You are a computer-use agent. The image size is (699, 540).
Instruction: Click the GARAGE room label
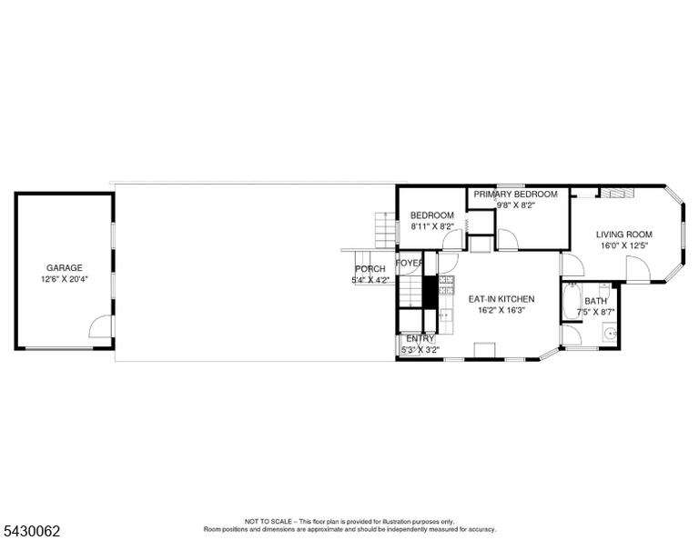point(65,268)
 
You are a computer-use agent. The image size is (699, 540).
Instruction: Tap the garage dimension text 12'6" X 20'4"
point(65,280)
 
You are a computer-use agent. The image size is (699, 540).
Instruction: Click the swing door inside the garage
point(100,325)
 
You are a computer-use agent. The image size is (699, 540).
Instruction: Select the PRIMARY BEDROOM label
point(515,195)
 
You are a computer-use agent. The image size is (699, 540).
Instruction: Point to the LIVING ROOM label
point(624,235)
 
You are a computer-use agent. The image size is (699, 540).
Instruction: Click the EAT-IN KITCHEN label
point(501,299)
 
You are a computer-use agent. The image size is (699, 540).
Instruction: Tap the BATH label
point(595,302)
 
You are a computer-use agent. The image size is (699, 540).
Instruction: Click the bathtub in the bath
point(571,302)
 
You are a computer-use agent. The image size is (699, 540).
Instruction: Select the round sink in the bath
point(610,332)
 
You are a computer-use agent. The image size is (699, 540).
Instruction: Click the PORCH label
point(370,269)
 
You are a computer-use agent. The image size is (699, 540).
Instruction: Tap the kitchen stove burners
point(446,285)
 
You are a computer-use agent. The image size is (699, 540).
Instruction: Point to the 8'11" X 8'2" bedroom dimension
point(432,226)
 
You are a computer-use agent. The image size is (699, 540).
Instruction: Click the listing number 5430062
point(32,531)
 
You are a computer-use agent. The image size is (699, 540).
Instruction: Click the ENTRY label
point(420,338)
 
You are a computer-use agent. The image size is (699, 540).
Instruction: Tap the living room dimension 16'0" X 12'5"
point(623,245)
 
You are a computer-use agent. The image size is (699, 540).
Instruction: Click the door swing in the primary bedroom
point(507,239)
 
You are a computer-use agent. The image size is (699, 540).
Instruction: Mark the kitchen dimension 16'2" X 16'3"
point(501,310)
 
